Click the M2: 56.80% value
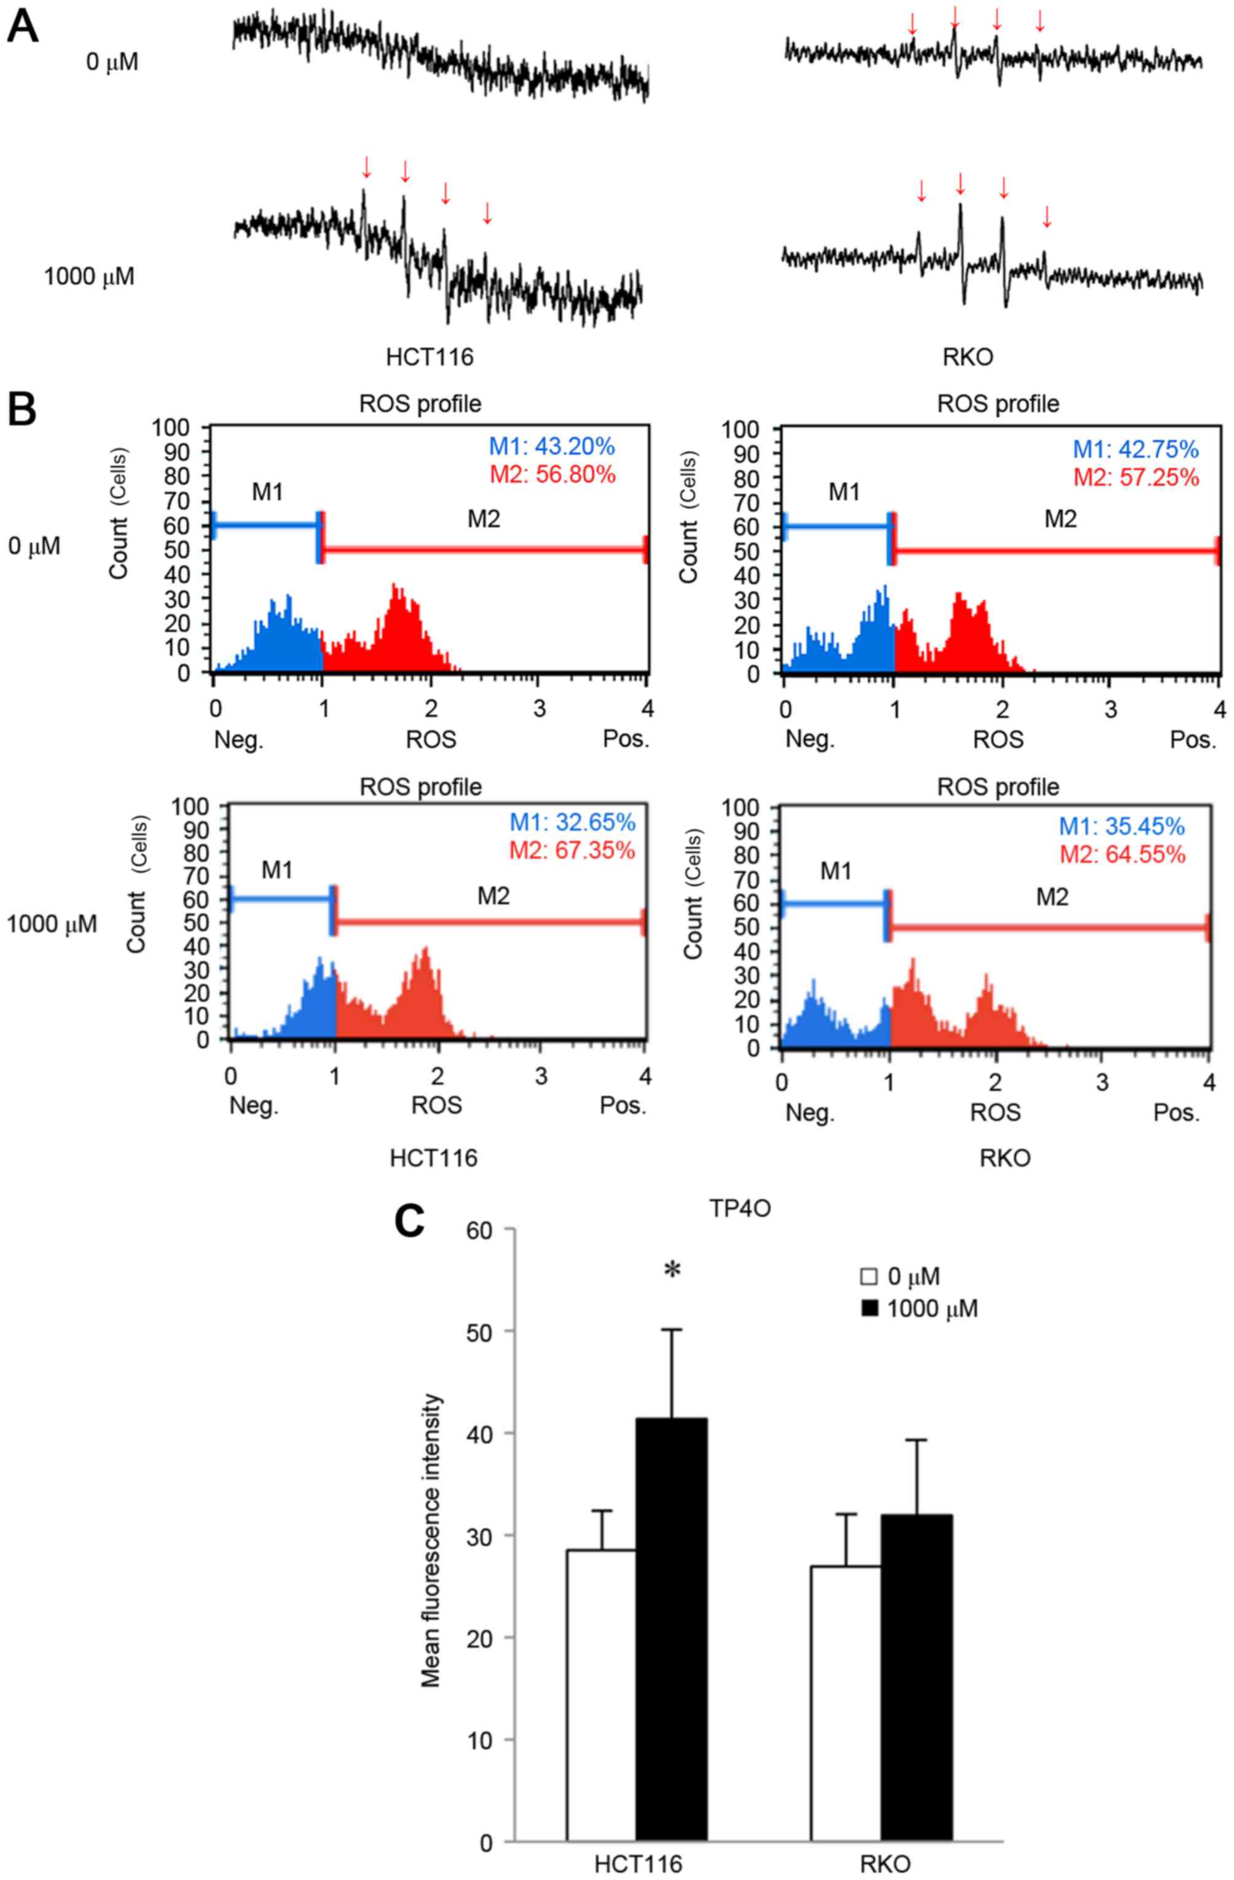click(x=552, y=474)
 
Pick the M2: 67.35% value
click(x=572, y=851)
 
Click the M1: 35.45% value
click(x=1122, y=826)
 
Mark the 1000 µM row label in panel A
click(x=89, y=277)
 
